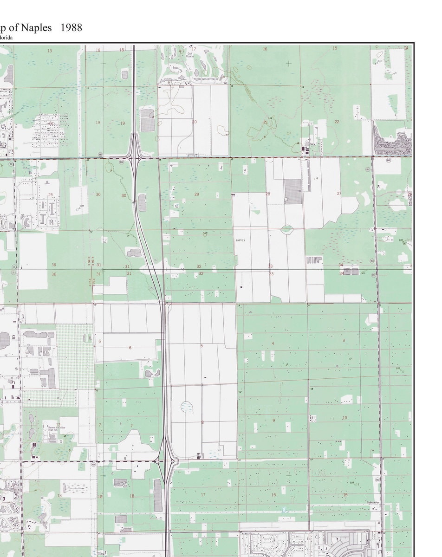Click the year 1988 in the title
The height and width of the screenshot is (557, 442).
[x=71, y=28]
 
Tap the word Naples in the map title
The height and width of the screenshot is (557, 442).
[x=39, y=28]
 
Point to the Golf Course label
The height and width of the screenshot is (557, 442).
[x=190, y=55]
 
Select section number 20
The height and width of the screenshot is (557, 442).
[x=195, y=122]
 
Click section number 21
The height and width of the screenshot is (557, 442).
[x=266, y=122]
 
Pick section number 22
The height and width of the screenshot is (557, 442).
[x=337, y=122]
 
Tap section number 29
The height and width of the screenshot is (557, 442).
[x=196, y=194]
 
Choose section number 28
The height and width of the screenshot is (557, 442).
[x=267, y=194]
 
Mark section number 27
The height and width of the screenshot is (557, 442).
[x=339, y=194]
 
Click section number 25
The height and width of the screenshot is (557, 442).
[x=50, y=195]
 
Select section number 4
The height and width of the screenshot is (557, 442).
[x=273, y=343]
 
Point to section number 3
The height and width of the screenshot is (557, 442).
[x=344, y=341]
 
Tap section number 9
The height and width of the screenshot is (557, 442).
[x=273, y=421]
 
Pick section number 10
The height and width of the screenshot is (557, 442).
[x=344, y=418]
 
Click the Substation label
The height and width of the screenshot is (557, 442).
[x=373, y=503]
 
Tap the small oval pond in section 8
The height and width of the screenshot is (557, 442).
[x=188, y=407]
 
